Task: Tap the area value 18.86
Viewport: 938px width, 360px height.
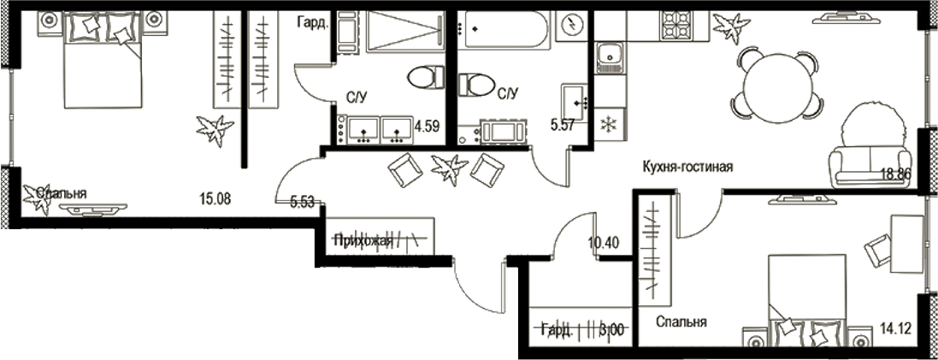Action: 897,174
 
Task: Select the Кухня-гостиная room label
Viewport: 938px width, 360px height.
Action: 689,167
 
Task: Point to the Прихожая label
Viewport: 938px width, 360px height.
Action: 363,241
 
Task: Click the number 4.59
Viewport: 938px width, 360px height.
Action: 427,126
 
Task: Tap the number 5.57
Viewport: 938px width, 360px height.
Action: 563,126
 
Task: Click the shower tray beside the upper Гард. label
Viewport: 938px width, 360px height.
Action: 403,32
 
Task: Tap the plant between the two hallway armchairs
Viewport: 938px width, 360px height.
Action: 450,168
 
